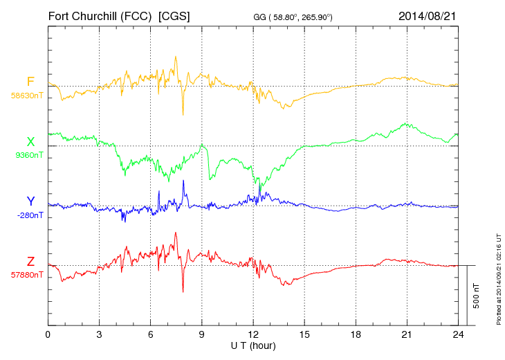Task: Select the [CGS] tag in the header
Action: tap(175, 15)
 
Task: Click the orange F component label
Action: tap(30, 82)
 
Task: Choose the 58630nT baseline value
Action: tap(27, 96)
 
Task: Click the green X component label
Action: tap(30, 142)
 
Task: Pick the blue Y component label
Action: tap(30, 201)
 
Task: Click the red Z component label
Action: tap(30, 261)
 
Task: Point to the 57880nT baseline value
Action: tap(27, 275)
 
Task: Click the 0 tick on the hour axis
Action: tap(48, 335)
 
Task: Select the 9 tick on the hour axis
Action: tap(202, 335)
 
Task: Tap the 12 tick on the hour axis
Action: tap(253, 335)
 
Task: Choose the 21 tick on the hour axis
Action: tap(407, 335)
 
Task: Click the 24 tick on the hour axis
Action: tap(458, 335)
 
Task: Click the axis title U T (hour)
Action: tap(253, 345)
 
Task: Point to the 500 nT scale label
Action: tap(476, 296)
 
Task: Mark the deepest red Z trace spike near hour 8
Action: tap(183, 291)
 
